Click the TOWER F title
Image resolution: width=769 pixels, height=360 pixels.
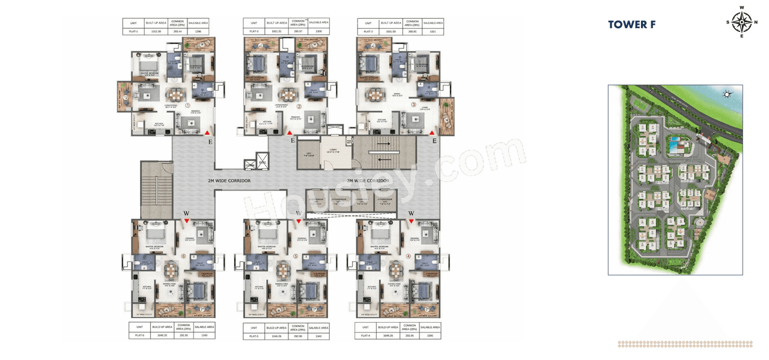631,25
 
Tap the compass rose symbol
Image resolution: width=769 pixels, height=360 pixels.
742,22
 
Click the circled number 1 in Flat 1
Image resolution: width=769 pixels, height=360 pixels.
187,105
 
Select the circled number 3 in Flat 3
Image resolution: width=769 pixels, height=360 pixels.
413,105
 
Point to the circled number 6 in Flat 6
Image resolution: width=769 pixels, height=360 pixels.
183,256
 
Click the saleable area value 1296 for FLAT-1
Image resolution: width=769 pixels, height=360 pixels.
198,31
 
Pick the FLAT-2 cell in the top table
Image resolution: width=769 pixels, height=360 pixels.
254,31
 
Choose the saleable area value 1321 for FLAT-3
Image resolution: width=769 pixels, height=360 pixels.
433,31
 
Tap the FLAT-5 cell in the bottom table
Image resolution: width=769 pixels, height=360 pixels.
254,336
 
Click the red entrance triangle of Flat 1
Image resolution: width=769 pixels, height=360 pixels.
207,132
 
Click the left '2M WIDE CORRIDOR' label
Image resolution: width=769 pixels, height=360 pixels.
229,181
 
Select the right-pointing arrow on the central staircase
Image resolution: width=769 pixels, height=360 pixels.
384,144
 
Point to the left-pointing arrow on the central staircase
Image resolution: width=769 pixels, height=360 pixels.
384,159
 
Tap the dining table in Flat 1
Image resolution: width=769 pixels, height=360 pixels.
175,95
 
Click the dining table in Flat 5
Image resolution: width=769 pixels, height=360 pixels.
284,269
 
